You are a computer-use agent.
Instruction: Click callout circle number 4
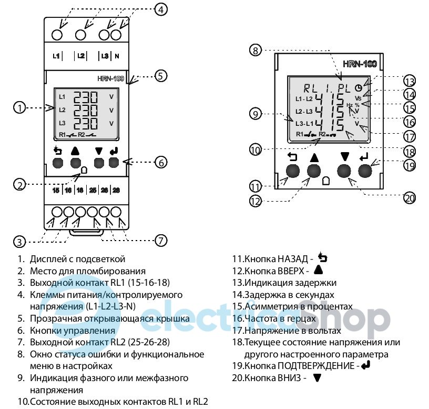pyautogui.click(x=161, y=9)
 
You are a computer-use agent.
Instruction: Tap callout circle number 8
pyautogui.click(x=256, y=51)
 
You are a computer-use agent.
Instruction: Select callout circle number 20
pyautogui.click(x=410, y=198)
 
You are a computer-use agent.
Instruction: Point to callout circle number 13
pyautogui.click(x=410, y=82)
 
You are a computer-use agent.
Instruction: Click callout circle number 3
pyautogui.click(x=19, y=242)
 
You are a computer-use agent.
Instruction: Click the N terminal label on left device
pyautogui.click(x=117, y=56)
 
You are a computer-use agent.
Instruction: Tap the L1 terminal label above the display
pyautogui.click(x=56, y=56)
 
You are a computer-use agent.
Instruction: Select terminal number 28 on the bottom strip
pyautogui.click(x=116, y=190)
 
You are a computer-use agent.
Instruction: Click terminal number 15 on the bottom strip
pyautogui.click(x=56, y=190)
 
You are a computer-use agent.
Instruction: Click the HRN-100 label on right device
pyautogui.click(x=360, y=64)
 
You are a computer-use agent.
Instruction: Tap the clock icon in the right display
pyautogui.click(x=359, y=88)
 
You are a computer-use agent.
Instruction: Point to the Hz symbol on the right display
pyautogui.click(x=350, y=105)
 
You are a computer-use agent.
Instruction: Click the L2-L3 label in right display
pyautogui.click(x=304, y=112)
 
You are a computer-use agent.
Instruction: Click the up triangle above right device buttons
pyautogui.click(x=314, y=158)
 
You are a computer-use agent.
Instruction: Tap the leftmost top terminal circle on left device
pyautogui.click(x=57, y=35)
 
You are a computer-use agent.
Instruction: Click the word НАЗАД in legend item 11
pyautogui.click(x=293, y=259)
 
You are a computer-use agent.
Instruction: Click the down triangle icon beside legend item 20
pyautogui.click(x=318, y=378)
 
